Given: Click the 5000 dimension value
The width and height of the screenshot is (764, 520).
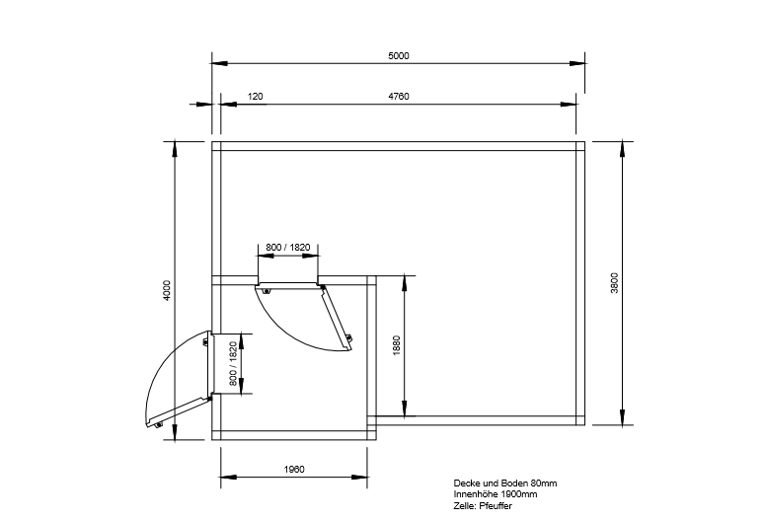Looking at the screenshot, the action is (398, 56).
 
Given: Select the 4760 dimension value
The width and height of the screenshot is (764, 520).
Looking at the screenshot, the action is (398, 97).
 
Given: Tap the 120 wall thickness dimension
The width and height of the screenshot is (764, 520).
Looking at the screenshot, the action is (255, 97).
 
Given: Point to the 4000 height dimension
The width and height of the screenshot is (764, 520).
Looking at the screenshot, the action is (167, 290).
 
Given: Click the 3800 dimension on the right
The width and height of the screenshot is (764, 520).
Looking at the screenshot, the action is (614, 283).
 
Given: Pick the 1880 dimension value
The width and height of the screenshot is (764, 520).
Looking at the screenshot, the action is (396, 345).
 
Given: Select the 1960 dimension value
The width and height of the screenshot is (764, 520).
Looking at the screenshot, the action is (294, 470).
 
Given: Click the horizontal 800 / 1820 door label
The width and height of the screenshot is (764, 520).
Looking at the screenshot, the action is (288, 248).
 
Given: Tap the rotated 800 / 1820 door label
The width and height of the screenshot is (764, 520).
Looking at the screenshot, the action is (232, 364).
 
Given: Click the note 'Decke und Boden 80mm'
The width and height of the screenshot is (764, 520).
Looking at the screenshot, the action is (504, 483).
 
